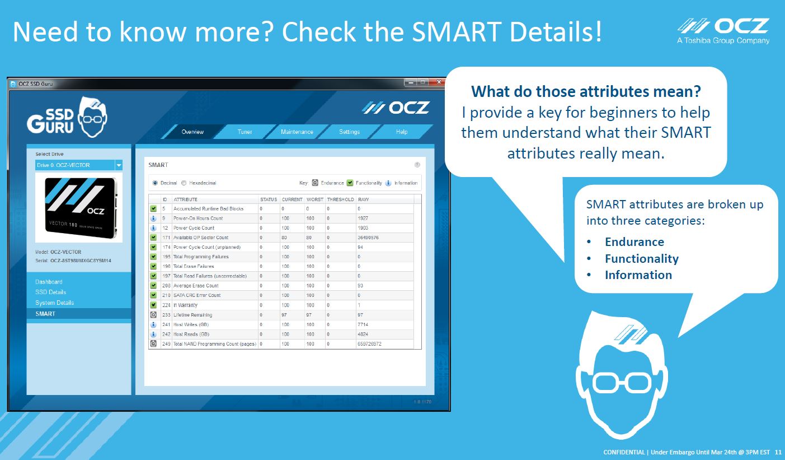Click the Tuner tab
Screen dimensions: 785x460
[x=245, y=132]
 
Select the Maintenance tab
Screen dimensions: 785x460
[x=297, y=132]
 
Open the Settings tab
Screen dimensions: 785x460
[x=349, y=132]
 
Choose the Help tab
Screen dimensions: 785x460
[x=402, y=132]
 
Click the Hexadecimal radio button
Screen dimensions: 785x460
[x=184, y=183]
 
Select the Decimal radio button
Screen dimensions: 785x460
[x=155, y=183]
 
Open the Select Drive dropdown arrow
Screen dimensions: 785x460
[x=119, y=165]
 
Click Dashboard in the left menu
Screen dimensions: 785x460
[x=49, y=282]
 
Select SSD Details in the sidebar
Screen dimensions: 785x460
[x=50, y=292]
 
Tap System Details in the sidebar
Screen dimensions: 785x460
[x=54, y=303]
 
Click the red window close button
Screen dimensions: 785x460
[x=439, y=82]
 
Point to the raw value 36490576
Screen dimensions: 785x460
[x=368, y=238]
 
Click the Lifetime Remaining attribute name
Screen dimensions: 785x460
[x=192, y=315]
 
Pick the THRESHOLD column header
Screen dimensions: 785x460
[x=340, y=199]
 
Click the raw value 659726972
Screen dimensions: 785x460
[x=369, y=344]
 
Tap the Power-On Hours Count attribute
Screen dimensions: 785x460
[x=198, y=219]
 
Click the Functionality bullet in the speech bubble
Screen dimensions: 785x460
[x=642, y=259]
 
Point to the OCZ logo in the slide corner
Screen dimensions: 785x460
[x=723, y=31]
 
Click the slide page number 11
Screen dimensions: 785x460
[x=778, y=452]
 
